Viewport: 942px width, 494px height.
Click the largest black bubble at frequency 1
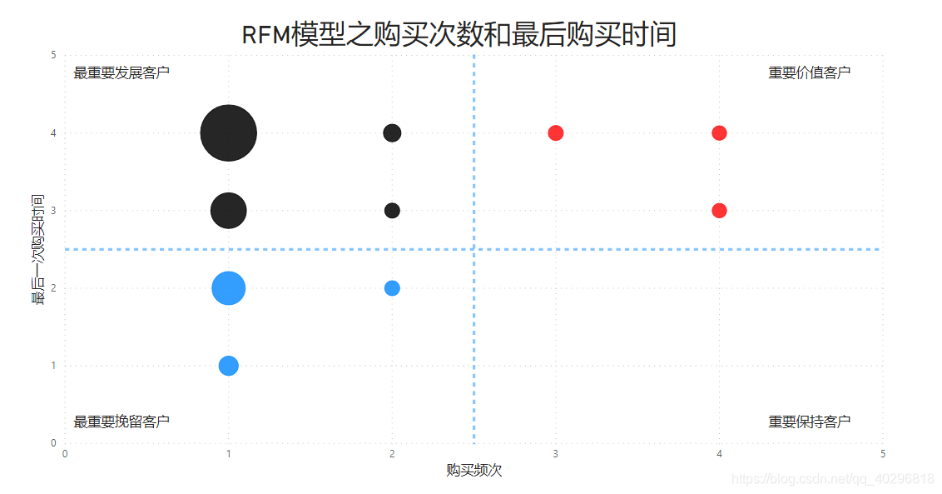pos(228,133)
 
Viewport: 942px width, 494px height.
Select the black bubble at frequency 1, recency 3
pos(228,211)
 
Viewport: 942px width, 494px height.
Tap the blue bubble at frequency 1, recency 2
pos(228,288)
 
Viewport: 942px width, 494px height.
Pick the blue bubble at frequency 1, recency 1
pos(228,366)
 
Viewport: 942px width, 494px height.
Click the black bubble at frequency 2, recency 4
pos(392,132)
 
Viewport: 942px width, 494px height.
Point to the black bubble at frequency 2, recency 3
pos(392,211)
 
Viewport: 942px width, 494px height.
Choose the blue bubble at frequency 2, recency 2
pos(392,288)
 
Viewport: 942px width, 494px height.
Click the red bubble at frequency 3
pos(556,133)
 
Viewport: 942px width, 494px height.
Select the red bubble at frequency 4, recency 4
pos(719,133)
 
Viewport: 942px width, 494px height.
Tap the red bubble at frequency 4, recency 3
pos(719,211)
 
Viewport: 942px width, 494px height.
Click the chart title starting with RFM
pos(459,35)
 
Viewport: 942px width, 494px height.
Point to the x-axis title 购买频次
pos(473,471)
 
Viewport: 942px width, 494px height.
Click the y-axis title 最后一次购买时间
pos(38,249)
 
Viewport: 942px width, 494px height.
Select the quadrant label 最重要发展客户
pos(121,73)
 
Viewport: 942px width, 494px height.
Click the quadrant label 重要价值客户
pos(809,73)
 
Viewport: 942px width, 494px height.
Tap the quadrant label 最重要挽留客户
pos(121,422)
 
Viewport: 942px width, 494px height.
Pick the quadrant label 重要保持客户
pos(809,422)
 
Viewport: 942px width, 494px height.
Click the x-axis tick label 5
pos(883,454)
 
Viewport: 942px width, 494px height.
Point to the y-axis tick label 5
pos(53,55)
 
